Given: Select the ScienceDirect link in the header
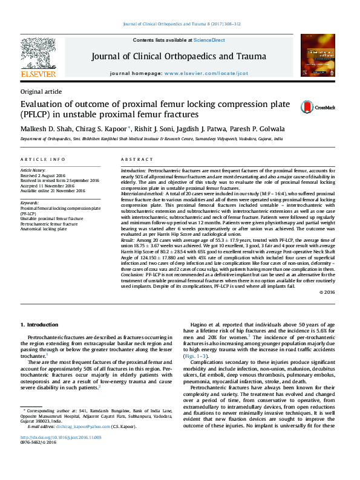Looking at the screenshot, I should [x=209, y=40].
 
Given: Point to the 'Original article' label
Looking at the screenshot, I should [x=41, y=91].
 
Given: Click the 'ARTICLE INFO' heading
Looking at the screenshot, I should [x=43, y=159].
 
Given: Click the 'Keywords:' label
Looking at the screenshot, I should [x=30, y=203].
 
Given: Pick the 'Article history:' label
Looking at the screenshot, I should [x=33, y=171].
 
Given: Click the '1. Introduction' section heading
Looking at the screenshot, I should [x=39, y=325].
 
